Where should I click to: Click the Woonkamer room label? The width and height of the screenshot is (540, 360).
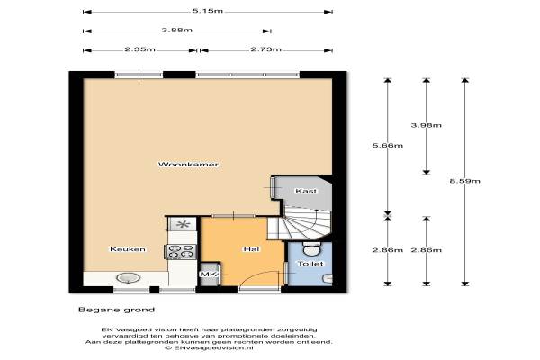tap(188, 165)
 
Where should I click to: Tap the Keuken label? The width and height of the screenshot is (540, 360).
tap(128, 249)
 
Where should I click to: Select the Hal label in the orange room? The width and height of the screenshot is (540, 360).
tap(251, 249)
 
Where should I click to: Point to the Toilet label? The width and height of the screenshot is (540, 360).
tap(310, 264)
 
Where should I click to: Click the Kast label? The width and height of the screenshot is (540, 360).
tap(306, 191)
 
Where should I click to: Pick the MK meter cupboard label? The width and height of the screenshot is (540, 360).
tap(209, 274)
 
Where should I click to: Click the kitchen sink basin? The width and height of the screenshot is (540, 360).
tap(129, 278)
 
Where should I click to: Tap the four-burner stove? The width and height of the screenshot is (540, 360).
tap(182, 251)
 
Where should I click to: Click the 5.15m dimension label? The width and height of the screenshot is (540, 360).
tap(208, 11)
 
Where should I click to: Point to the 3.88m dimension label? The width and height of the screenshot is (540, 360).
tap(177, 30)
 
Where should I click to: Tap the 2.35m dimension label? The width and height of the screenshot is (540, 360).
tap(139, 49)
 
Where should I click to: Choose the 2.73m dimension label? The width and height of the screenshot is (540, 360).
tap(265, 49)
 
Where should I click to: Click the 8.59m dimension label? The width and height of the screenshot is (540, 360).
tap(465, 181)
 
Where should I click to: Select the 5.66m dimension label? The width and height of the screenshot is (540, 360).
tap(388, 146)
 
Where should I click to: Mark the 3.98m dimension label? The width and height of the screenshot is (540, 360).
tap(427, 125)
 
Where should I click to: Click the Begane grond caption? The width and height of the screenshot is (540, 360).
tap(117, 310)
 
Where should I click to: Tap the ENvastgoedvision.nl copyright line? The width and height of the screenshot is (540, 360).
tap(209, 348)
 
